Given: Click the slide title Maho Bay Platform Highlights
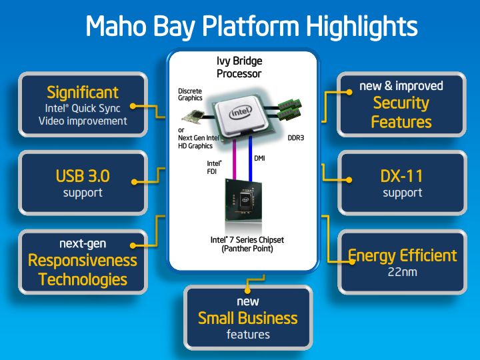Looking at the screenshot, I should coord(251,27).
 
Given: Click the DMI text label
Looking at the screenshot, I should coord(261,158).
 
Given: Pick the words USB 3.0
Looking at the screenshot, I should coord(83,177).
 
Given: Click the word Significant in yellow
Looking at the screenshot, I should coord(83,92).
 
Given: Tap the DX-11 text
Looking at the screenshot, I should coord(402,177).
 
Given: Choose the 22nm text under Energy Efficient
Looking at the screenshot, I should coord(402,272).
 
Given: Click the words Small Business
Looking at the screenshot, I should coord(247,318).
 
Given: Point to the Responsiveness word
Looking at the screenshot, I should coord(83,261).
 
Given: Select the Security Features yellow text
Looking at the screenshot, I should coord(401,113).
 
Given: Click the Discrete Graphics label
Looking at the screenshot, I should coord(190,95).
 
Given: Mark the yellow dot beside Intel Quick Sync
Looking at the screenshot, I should coord(133,105).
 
